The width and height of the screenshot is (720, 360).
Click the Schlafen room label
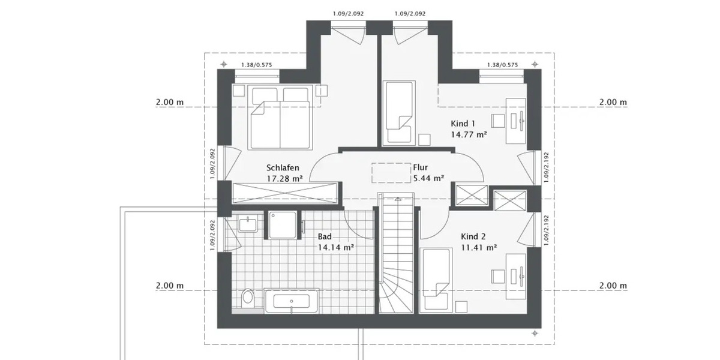click(283, 168)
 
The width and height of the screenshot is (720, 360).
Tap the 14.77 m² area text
click(469, 135)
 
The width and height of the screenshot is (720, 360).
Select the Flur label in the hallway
click(421, 168)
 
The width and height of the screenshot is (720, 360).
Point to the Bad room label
click(325, 236)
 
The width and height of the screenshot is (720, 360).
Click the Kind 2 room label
click(474, 236)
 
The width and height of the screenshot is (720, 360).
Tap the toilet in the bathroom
click(247, 298)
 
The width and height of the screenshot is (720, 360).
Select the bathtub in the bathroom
click(291, 301)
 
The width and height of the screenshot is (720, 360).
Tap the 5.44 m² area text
click(428, 178)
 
